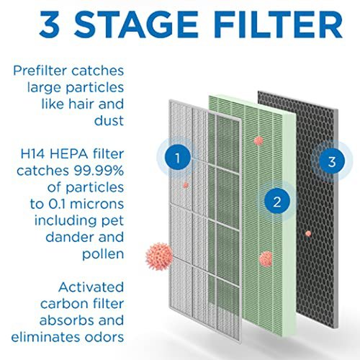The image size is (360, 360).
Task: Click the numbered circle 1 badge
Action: click(178, 158)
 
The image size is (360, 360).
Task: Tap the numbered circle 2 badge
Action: click(277, 201)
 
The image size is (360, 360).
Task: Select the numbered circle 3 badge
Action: click(332, 161)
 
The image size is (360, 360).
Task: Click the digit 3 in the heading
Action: click(50, 24)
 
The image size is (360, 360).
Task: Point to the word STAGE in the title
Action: click(136, 24)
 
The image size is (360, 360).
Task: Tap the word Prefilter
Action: click(40, 71)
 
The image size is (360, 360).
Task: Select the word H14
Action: click(33, 154)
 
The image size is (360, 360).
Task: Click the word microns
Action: click(96, 204)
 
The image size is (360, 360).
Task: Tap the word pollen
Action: click(103, 254)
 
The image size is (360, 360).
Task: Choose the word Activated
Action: click(91, 287)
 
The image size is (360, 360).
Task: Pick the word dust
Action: click(109, 120)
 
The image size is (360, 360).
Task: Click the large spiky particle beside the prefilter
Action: click(159, 256)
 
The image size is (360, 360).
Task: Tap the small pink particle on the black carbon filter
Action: click(308, 233)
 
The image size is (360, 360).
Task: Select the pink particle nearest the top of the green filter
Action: click(258, 141)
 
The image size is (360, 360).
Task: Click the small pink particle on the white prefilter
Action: click(186, 185)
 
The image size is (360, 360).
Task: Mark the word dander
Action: click(69, 237)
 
